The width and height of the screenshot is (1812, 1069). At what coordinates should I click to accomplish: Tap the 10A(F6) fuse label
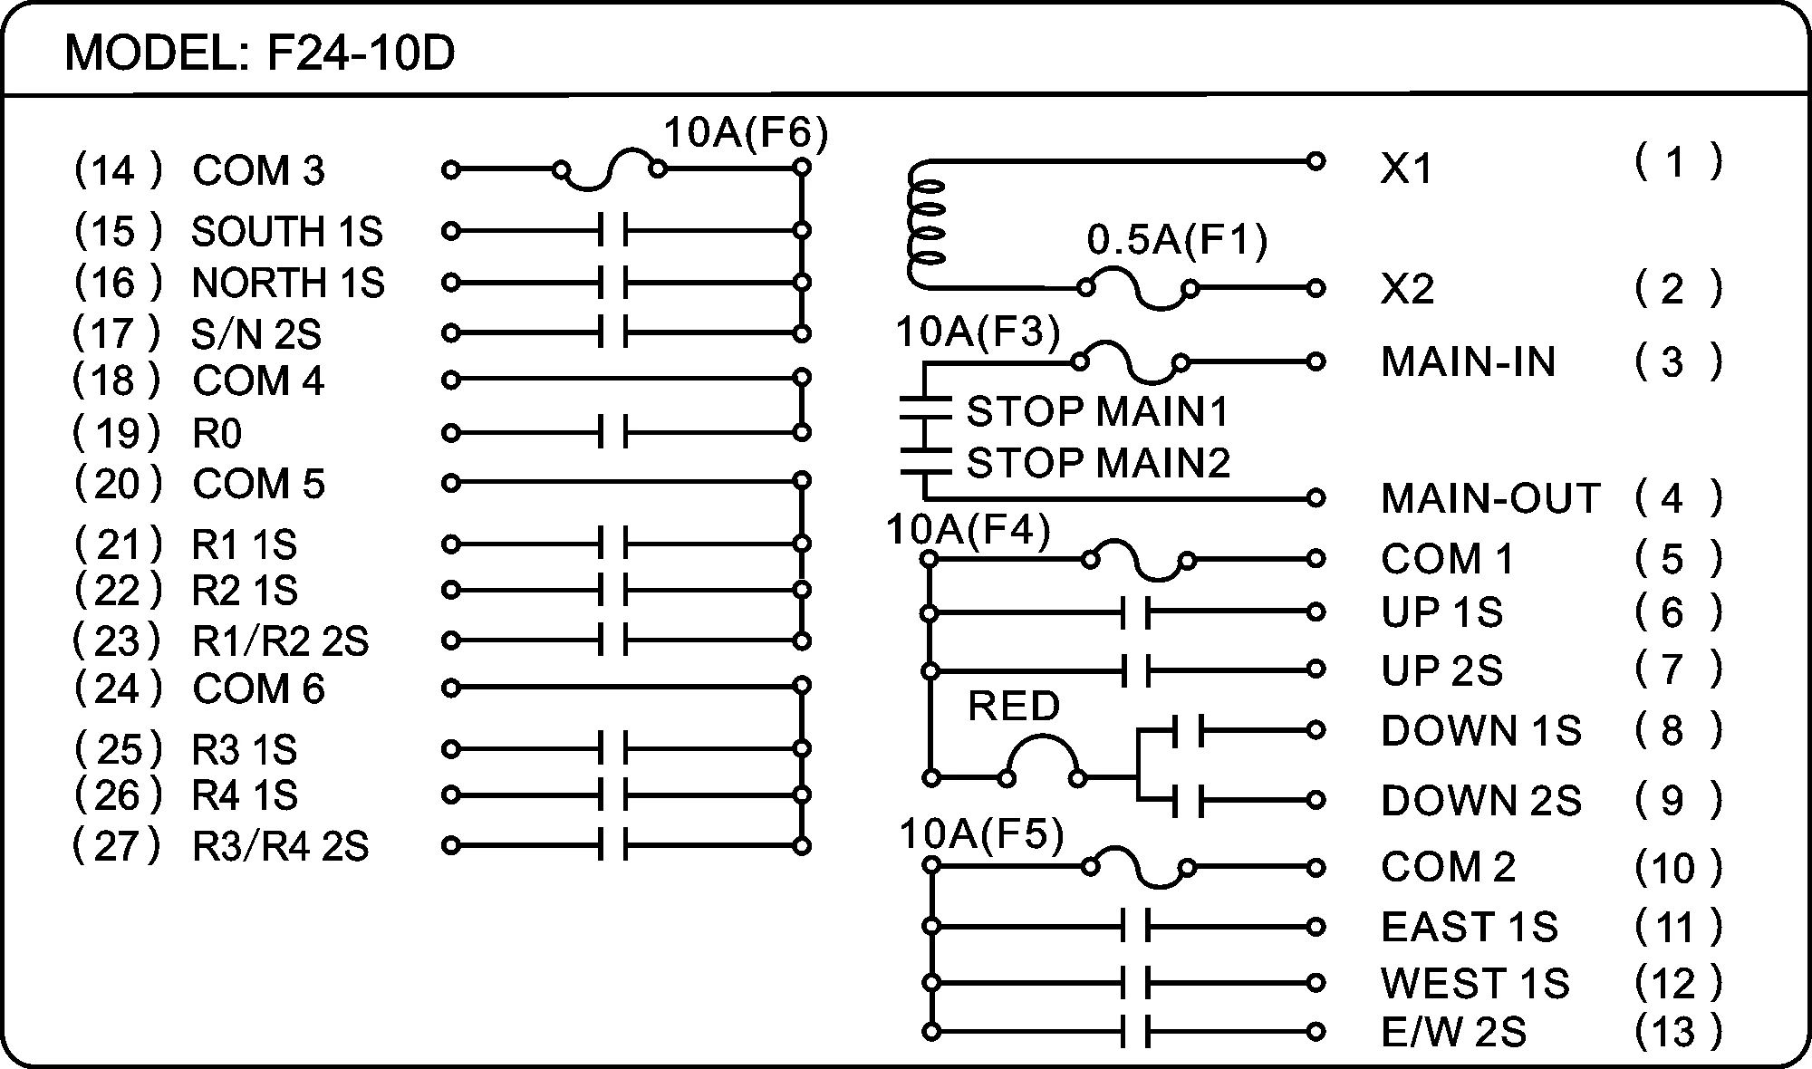coord(746,133)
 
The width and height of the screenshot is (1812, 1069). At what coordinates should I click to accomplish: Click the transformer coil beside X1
coord(925,226)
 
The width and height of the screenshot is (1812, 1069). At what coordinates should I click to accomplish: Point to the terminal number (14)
coord(118,170)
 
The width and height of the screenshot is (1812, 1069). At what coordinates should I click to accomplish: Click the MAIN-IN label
coord(1468,362)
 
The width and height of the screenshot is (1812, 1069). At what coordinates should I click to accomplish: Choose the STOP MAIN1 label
coord(1097,412)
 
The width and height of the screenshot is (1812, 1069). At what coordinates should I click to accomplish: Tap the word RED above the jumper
coord(1014,706)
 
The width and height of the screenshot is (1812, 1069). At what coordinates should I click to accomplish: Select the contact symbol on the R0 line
coord(612,433)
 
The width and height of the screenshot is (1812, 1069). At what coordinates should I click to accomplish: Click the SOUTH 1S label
coord(286,232)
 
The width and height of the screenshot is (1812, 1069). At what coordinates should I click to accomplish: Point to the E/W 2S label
coord(1453,1032)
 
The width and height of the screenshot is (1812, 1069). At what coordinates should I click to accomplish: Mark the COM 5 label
coord(258,484)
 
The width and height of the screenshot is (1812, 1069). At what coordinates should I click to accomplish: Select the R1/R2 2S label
coord(281,641)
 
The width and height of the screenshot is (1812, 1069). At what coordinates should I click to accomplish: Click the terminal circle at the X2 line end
coord(1316,288)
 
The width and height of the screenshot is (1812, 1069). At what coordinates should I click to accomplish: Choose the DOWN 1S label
coord(1480,730)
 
